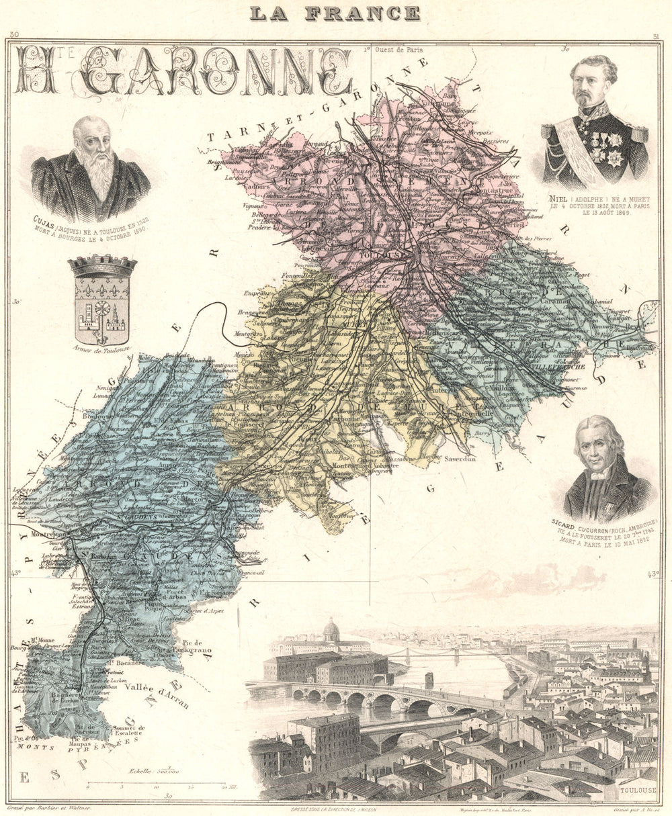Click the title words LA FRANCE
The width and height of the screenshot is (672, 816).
point(335,13)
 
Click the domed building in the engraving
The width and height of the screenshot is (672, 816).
point(331,631)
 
